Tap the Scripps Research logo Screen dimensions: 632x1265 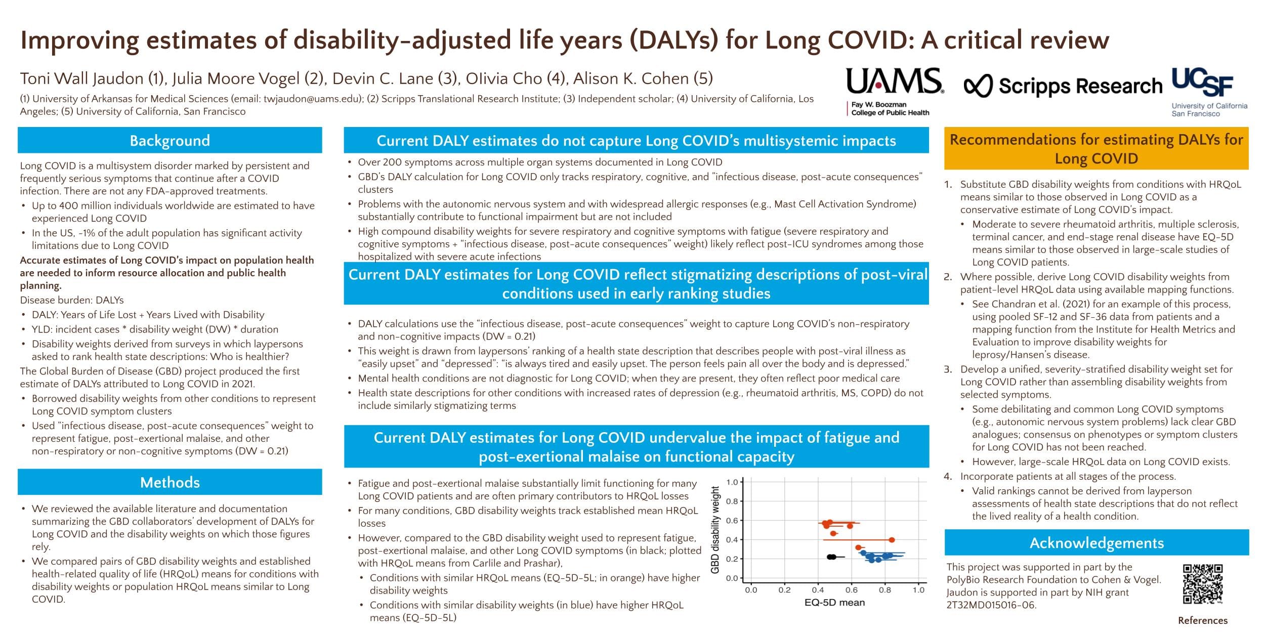point(1063,87)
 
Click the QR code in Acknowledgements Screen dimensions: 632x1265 point(1203,584)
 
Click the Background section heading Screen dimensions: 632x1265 point(170,140)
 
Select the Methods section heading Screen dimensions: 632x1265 point(170,482)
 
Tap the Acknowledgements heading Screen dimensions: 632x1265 point(1097,543)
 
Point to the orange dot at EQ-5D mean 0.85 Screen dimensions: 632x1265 point(892,540)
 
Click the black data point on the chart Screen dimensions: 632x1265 point(831,557)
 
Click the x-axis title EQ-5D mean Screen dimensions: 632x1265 point(834,603)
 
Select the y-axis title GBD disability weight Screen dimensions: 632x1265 point(715,530)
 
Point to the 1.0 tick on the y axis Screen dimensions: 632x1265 point(732,482)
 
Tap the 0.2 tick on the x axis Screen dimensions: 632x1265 point(784,590)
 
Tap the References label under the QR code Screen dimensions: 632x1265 point(1202,620)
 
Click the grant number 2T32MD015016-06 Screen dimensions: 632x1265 point(991,605)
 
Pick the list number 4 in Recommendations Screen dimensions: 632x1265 point(948,476)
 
